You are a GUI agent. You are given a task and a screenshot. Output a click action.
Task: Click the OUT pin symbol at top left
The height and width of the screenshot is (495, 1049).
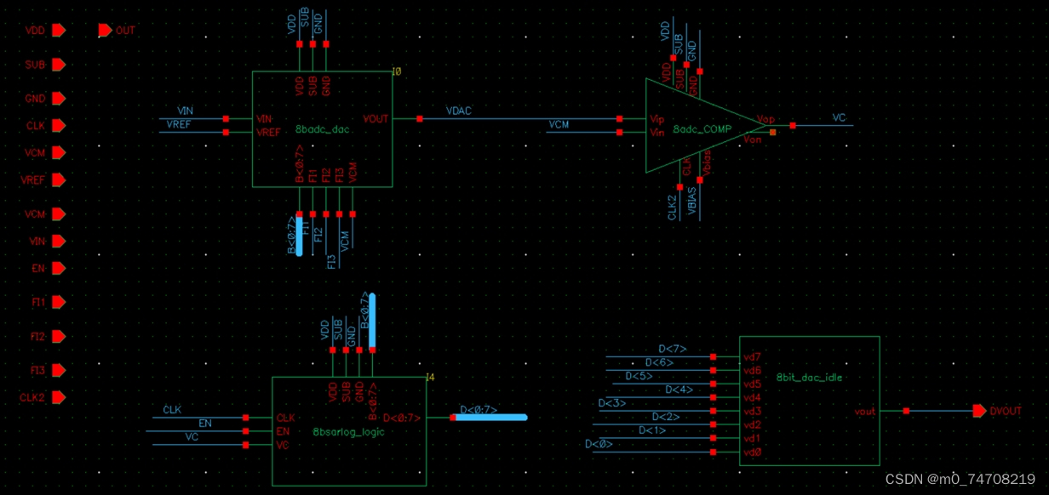pyautogui.click(x=105, y=31)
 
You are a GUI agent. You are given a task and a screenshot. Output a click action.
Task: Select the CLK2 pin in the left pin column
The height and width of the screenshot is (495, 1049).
pyautogui.click(x=58, y=397)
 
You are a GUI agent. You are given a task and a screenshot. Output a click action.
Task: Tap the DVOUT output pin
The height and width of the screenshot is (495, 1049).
pyautogui.click(x=980, y=411)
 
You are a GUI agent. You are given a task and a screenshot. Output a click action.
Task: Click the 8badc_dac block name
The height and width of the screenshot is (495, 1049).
pyautogui.click(x=322, y=130)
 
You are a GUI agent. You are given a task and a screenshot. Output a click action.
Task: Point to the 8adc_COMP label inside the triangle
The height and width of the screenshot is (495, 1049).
pyautogui.click(x=701, y=130)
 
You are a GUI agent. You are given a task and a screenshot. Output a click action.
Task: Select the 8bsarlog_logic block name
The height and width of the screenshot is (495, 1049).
pyautogui.click(x=348, y=432)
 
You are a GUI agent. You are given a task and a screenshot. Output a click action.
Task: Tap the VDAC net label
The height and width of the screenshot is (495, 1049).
pyautogui.click(x=458, y=111)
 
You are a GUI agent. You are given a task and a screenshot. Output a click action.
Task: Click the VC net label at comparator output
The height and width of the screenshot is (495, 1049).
pyautogui.click(x=839, y=118)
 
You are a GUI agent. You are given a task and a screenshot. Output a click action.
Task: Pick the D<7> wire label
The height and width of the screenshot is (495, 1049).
pyautogui.click(x=672, y=349)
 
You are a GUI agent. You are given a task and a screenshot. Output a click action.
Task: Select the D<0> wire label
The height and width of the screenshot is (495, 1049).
pyautogui.click(x=599, y=444)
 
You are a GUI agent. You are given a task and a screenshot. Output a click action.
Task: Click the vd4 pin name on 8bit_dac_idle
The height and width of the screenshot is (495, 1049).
pyautogui.click(x=752, y=397)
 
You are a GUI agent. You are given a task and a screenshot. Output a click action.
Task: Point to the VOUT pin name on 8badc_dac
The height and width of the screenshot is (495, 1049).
pyautogui.click(x=375, y=119)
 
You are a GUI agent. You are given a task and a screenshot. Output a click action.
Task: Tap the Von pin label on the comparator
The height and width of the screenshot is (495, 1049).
pyautogui.click(x=752, y=139)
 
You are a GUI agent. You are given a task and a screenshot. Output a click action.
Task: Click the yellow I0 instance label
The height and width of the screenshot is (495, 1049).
pyautogui.click(x=396, y=72)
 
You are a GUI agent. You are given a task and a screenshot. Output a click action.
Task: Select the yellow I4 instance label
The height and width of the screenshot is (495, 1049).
pyautogui.click(x=430, y=377)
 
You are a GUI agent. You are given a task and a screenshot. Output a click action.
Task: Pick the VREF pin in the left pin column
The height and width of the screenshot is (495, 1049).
pyautogui.click(x=58, y=179)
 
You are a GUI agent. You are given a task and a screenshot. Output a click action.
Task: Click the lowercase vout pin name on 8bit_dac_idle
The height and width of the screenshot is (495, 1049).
pyautogui.click(x=865, y=412)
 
